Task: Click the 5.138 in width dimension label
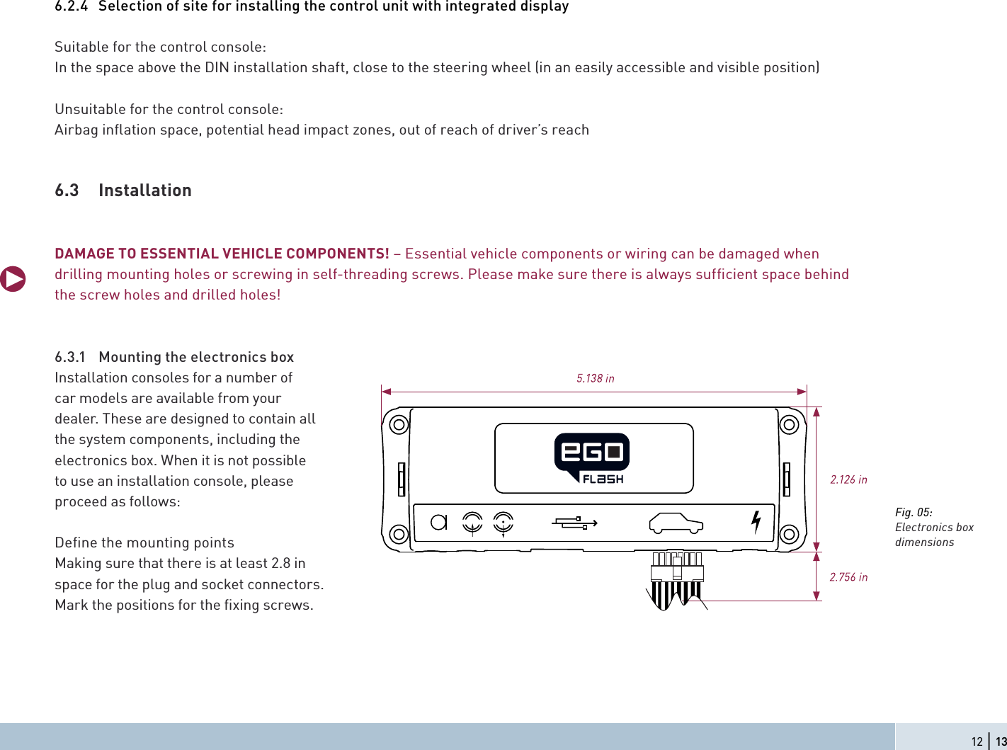click(595, 378)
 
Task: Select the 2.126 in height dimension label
click(848, 479)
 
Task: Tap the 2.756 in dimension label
click(848, 577)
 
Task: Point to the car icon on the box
click(676, 523)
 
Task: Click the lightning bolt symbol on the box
click(756, 522)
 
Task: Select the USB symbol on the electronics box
click(574, 523)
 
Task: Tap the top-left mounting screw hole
click(399, 424)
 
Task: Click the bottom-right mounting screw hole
click(789, 534)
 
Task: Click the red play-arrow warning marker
click(13, 278)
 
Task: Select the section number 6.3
click(67, 191)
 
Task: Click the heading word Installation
click(145, 191)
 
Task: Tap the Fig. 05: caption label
click(914, 512)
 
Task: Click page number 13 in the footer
click(1001, 742)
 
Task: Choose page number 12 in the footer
click(977, 742)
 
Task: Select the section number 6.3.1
click(70, 357)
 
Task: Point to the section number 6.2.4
click(72, 6)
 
